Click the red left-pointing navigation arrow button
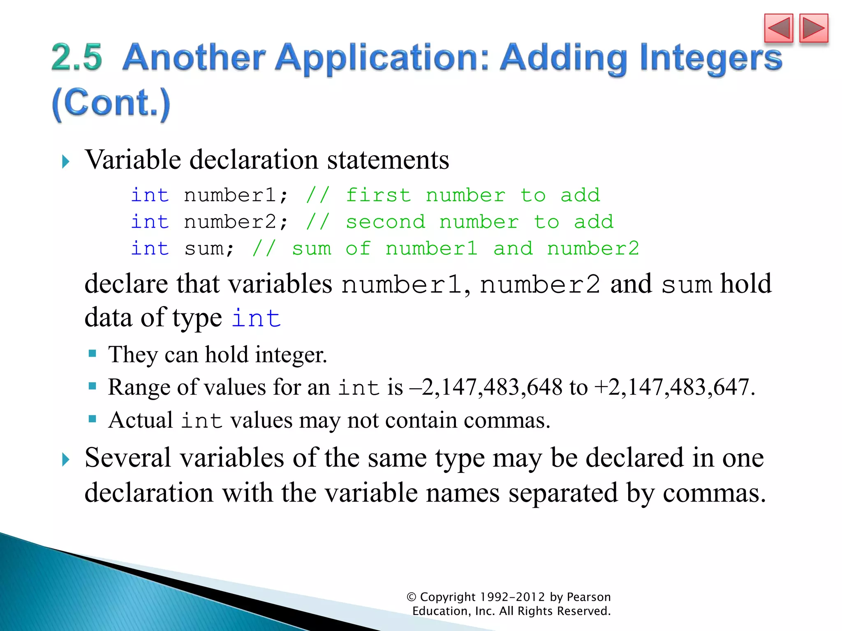[778, 28]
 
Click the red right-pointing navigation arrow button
[813, 28]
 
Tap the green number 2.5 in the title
[77, 57]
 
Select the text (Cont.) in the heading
[111, 104]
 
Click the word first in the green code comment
[378, 195]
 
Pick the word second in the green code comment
[385, 222]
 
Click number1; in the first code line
[236, 195]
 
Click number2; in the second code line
[236, 222]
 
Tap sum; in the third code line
[209, 249]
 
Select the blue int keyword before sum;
[150, 249]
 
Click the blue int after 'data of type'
[256, 318]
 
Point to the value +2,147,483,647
[674, 387]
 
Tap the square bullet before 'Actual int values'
[93, 419]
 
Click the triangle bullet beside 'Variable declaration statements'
[65, 161]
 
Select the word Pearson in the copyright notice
[588, 597]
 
